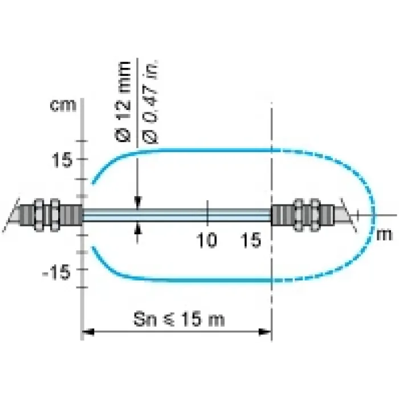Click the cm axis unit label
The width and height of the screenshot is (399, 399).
point(63,105)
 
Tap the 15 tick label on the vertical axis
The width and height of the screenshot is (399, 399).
point(62,160)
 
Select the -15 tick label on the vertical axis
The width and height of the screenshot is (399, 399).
point(56,272)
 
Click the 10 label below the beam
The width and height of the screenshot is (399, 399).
point(206,240)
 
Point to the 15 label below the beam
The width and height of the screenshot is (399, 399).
point(251,240)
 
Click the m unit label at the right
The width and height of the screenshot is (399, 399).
point(384,235)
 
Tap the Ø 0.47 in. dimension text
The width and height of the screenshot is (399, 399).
point(150,102)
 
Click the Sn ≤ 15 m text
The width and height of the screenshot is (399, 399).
point(179,319)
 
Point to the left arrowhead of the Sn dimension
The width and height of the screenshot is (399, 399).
point(88,332)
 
